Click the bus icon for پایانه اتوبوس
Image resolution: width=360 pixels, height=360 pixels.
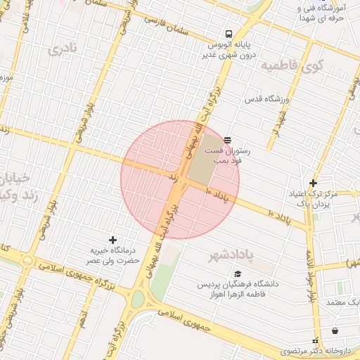tap(229, 34)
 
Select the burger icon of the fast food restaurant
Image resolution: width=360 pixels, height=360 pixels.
tap(227, 139)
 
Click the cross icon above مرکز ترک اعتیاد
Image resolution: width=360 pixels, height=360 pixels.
tap(313, 183)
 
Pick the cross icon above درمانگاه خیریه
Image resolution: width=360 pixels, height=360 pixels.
tap(112, 240)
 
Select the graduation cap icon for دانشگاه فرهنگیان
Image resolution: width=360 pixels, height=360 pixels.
tap(238, 274)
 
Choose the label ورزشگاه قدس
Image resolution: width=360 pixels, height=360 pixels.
tap(266, 99)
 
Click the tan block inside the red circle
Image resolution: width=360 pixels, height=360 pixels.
tap(204, 166)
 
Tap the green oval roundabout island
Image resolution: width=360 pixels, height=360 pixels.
tap(138, 300)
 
